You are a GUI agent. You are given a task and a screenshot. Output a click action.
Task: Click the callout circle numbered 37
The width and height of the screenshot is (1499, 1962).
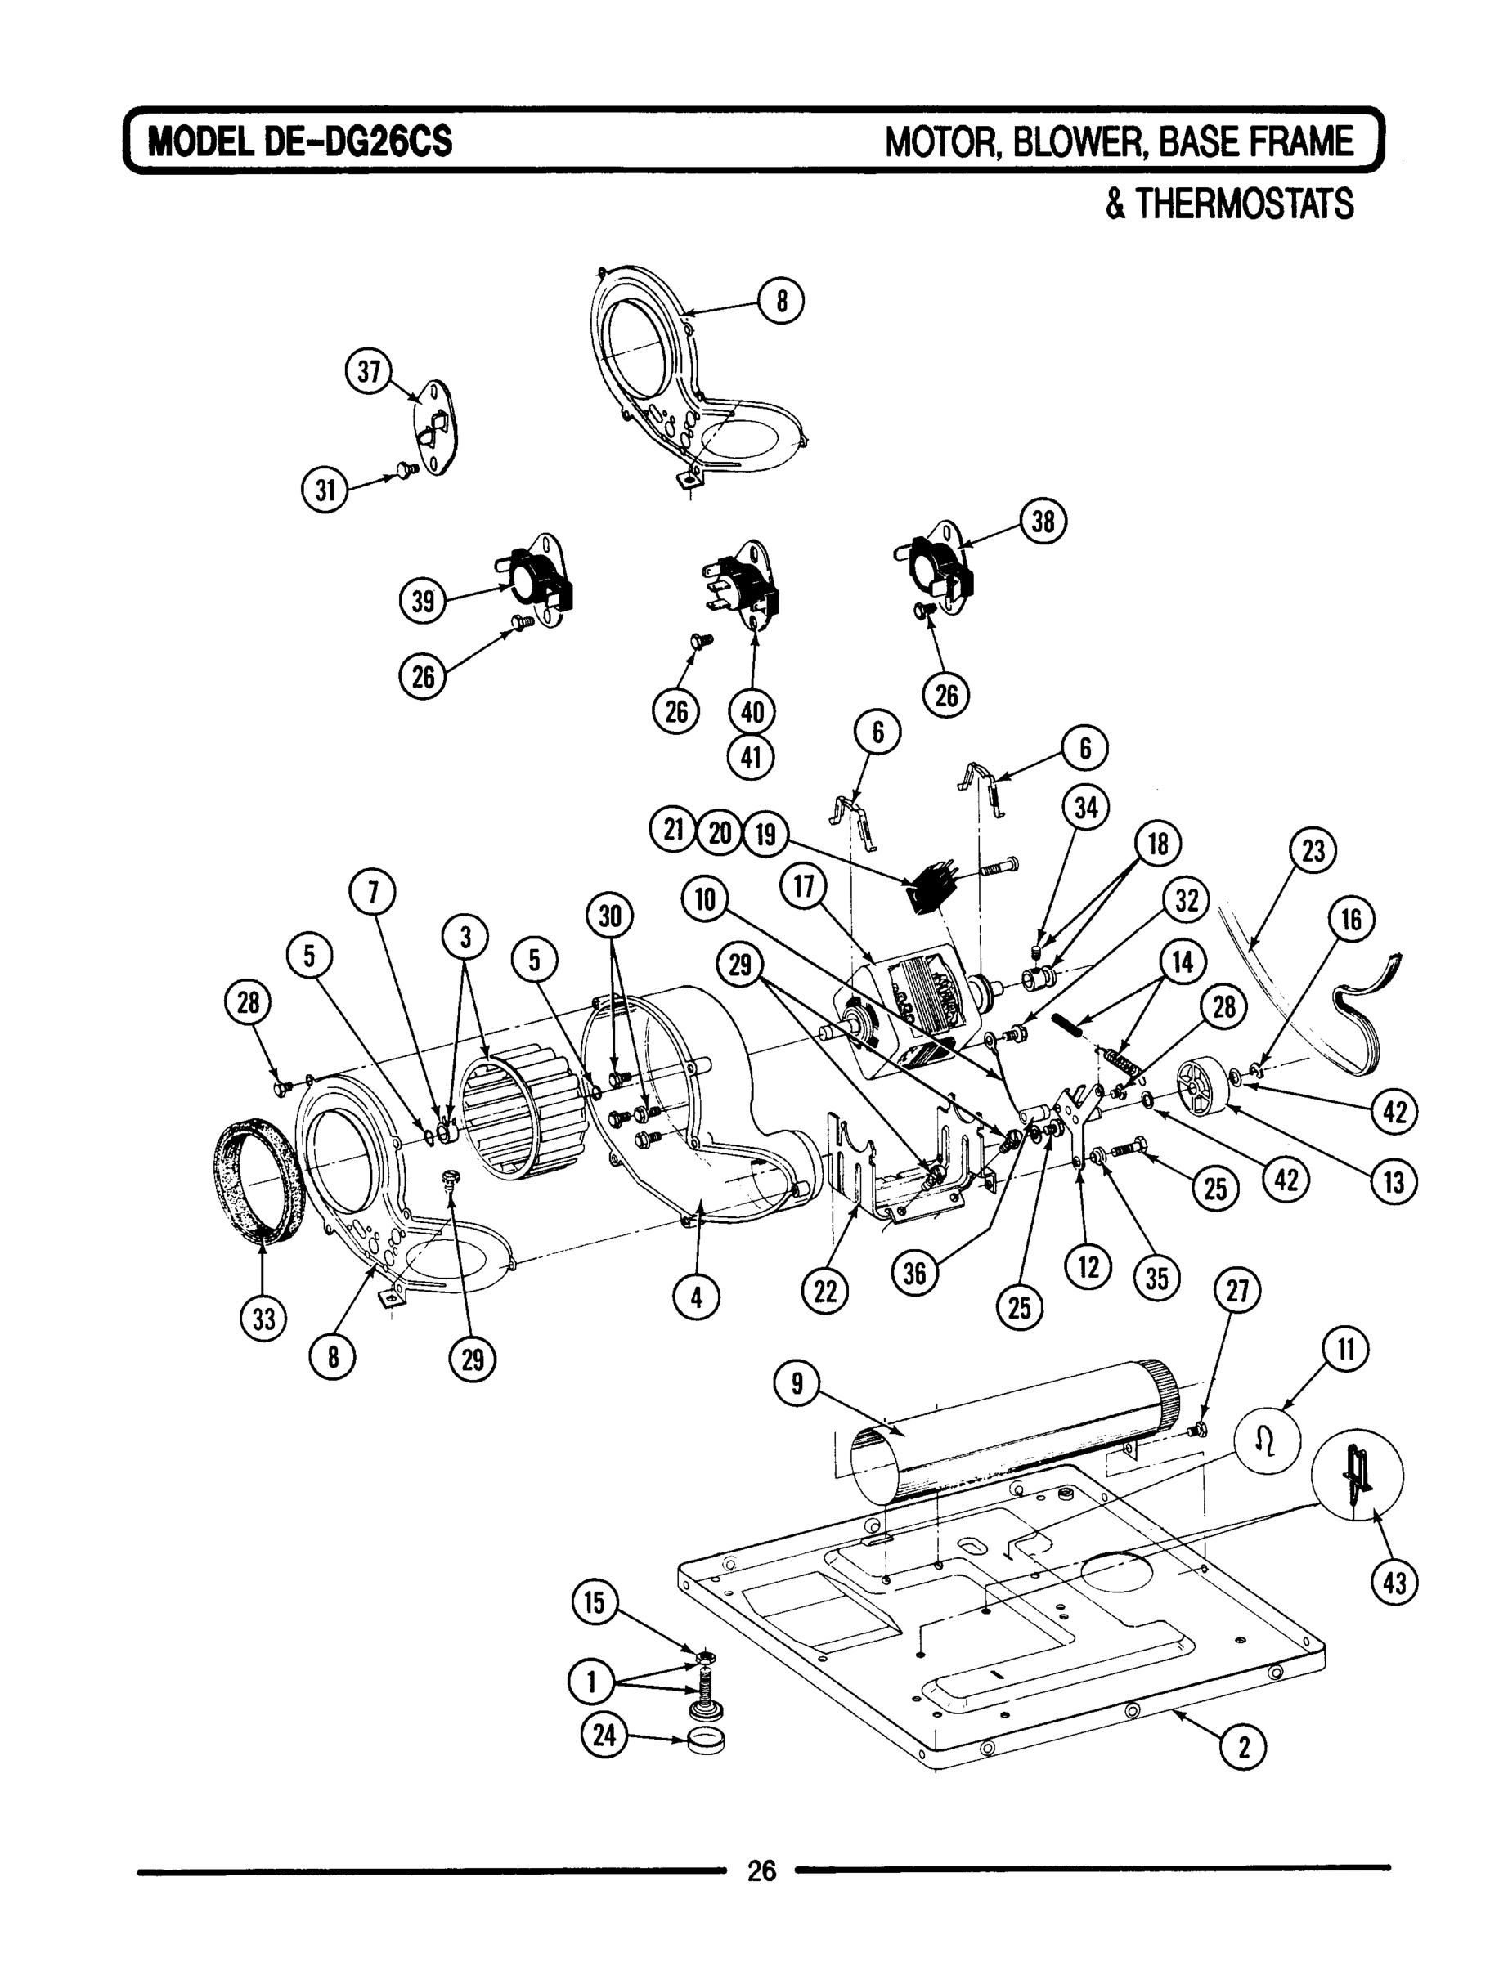pos(369,371)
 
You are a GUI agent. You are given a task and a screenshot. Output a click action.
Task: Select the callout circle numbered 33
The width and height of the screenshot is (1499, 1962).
pos(264,1317)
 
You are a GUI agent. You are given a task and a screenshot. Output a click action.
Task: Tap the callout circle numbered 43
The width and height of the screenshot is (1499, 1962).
pos(1394,1583)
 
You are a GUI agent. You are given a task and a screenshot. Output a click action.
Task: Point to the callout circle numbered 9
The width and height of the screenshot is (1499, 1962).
pos(797,1383)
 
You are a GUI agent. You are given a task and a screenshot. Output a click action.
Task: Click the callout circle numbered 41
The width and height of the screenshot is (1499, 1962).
pos(752,757)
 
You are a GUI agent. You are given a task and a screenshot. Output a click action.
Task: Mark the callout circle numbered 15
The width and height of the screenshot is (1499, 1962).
pos(595,1602)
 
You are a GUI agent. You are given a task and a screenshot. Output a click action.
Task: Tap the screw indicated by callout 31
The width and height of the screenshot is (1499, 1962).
pos(409,468)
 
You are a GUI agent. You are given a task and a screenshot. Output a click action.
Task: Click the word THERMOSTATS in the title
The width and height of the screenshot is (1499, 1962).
pos(1229,204)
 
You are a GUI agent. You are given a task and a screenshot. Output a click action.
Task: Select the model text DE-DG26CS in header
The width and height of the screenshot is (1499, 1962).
pos(357,141)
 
